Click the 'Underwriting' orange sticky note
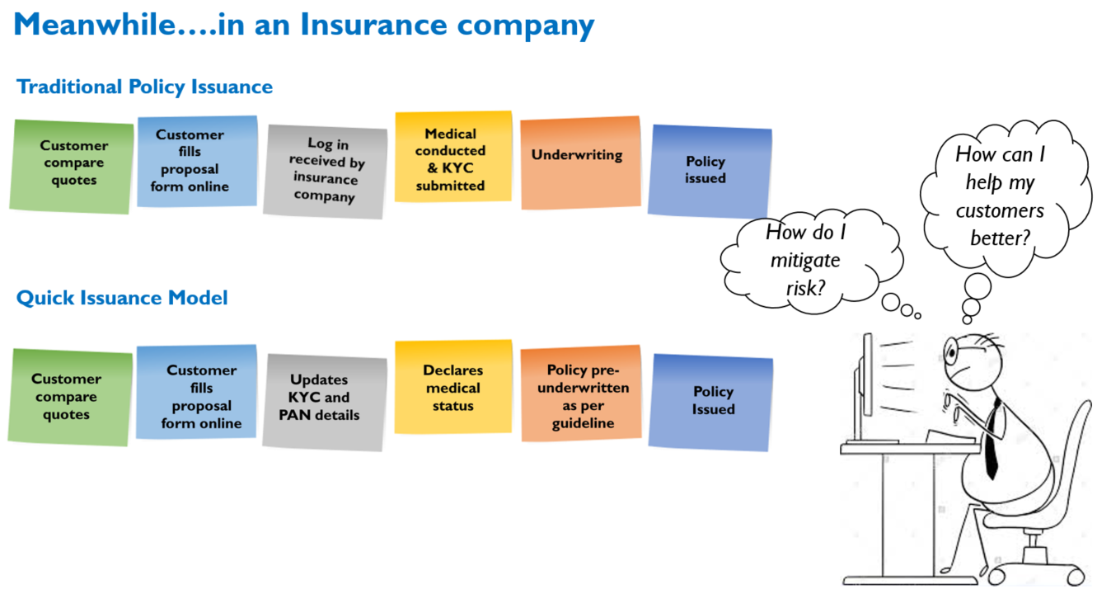[x=581, y=163]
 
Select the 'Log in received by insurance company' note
[x=326, y=172]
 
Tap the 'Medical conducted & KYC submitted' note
[x=453, y=157]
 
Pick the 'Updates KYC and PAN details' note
[x=324, y=402]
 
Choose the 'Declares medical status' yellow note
[x=453, y=387]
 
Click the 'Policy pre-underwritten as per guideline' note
[x=581, y=394]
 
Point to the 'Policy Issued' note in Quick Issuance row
[x=710, y=403]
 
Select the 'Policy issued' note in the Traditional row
[x=710, y=171]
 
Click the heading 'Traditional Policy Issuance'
[x=144, y=87]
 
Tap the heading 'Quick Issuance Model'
[x=122, y=298]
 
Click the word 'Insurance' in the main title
[x=373, y=25]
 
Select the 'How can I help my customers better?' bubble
[x=1004, y=196]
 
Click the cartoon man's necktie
[x=992, y=441]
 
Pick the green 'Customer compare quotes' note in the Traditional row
[x=72, y=167]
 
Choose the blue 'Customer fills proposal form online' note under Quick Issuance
[x=196, y=392]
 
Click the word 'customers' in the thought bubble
[x=1000, y=210]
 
